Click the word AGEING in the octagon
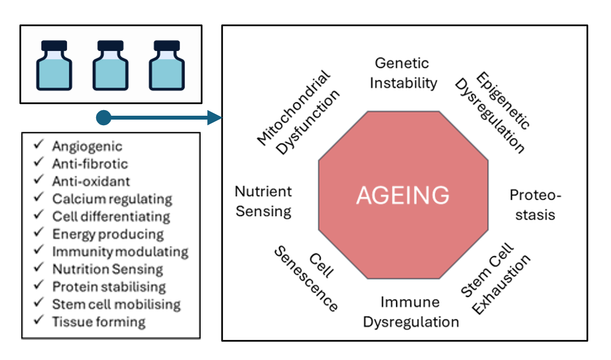point(402,196)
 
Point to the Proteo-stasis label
point(535,205)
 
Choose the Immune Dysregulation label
point(410,312)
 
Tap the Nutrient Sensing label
point(263,201)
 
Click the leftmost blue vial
point(54,65)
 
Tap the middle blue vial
point(111,65)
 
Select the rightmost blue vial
point(167,65)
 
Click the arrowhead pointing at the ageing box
point(215,117)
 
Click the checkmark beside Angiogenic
point(39,145)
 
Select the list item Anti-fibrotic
point(89,164)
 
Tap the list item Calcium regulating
point(112,199)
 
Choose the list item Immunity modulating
point(120,252)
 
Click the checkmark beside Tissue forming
point(39,321)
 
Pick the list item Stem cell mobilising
point(116,304)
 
